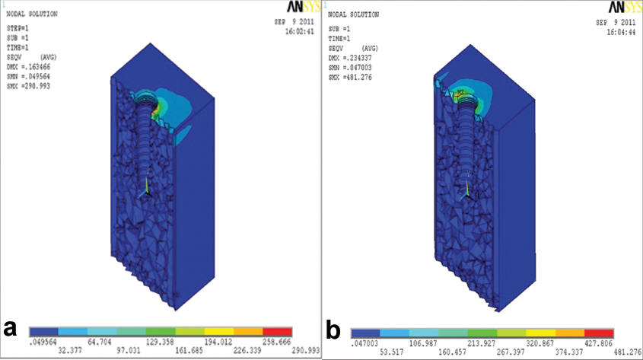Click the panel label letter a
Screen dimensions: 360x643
click(x=11, y=328)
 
